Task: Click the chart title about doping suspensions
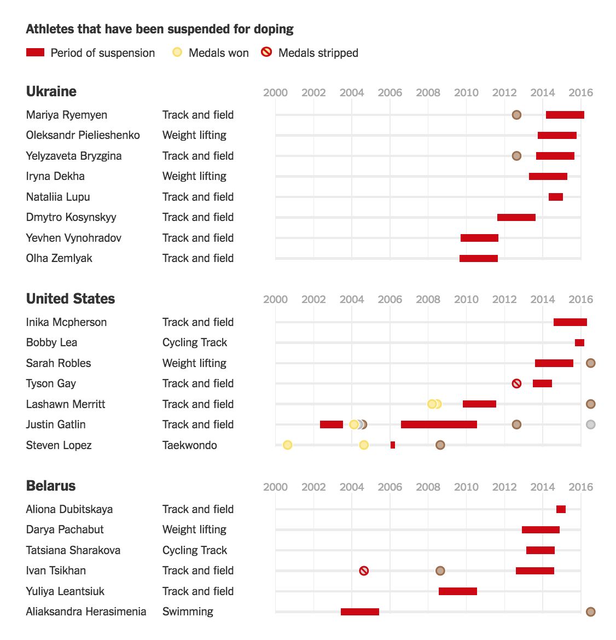pyautogui.click(x=160, y=29)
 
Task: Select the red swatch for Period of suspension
pyautogui.click(x=35, y=53)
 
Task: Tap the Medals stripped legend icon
pyautogui.click(x=266, y=53)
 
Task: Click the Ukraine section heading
pyautogui.click(x=51, y=91)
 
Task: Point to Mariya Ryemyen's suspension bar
pyautogui.click(x=565, y=115)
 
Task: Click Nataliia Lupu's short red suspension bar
pyautogui.click(x=555, y=197)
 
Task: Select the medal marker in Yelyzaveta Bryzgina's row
pyautogui.click(x=516, y=156)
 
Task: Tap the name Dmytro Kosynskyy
pyautogui.click(x=71, y=217)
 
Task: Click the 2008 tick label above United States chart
pyautogui.click(x=428, y=299)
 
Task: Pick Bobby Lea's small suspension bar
pyautogui.click(x=579, y=343)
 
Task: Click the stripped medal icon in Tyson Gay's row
pyautogui.click(x=516, y=383)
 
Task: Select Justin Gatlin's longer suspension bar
pyautogui.click(x=439, y=424)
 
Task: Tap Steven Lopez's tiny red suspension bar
pyautogui.click(x=393, y=445)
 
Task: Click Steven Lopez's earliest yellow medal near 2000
pyautogui.click(x=287, y=445)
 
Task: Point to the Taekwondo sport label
pyautogui.click(x=189, y=445)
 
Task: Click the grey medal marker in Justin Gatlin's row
pyautogui.click(x=590, y=424)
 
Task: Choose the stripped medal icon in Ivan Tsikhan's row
pyautogui.click(x=364, y=571)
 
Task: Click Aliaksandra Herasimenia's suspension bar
pyautogui.click(x=359, y=612)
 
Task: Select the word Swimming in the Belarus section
pyautogui.click(x=188, y=612)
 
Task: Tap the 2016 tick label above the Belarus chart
pyautogui.click(x=580, y=487)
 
